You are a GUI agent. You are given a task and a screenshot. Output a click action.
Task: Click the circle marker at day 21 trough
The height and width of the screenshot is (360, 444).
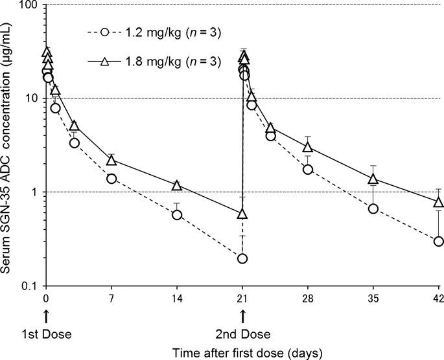pos(242,259)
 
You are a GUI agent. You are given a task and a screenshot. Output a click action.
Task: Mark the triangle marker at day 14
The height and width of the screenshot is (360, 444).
pos(176,185)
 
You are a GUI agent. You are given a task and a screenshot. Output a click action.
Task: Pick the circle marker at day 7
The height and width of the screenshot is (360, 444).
pos(111,179)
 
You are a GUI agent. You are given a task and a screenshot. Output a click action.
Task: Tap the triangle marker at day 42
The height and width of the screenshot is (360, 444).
pos(438,202)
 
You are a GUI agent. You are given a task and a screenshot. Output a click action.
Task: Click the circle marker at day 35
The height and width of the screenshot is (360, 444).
pos(373,208)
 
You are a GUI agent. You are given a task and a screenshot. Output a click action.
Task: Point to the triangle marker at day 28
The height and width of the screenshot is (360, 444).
pos(308,147)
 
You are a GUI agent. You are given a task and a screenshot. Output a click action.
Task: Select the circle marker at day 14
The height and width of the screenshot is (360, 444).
pos(176,214)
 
